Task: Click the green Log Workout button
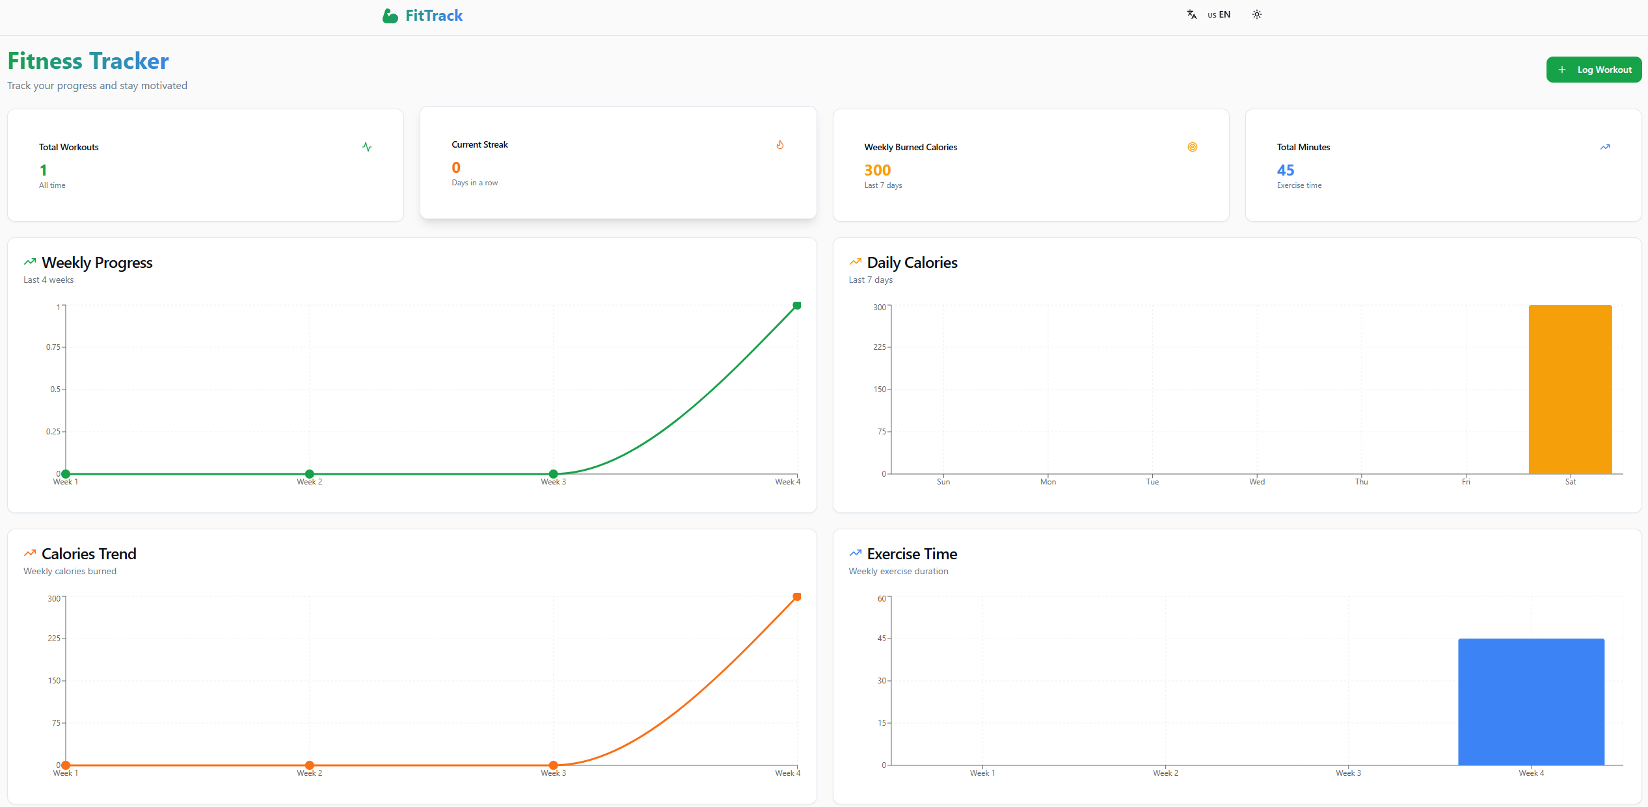pyautogui.click(x=1593, y=70)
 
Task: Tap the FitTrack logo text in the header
pyautogui.click(x=433, y=16)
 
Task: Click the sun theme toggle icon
pyautogui.click(x=1256, y=14)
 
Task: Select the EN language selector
pyautogui.click(x=1218, y=14)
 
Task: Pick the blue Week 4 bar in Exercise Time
pyautogui.click(x=1530, y=702)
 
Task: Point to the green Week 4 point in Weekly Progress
pyautogui.click(x=796, y=306)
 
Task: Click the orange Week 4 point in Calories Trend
pyautogui.click(x=796, y=597)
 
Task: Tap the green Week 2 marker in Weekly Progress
pyautogui.click(x=310, y=474)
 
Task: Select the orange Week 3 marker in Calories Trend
pyautogui.click(x=553, y=765)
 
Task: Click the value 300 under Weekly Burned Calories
pyautogui.click(x=877, y=170)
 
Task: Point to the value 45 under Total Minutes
pyautogui.click(x=1285, y=170)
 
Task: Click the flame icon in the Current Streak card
pyautogui.click(x=779, y=144)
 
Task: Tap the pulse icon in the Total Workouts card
pyautogui.click(x=367, y=147)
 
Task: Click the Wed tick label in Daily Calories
pyautogui.click(x=1256, y=482)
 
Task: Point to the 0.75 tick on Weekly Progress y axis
pyautogui.click(x=53, y=347)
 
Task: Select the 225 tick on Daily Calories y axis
pyautogui.click(x=879, y=347)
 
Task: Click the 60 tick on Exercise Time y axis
pyautogui.click(x=882, y=598)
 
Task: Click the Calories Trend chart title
pyautogui.click(x=88, y=554)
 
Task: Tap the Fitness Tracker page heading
pyautogui.click(x=88, y=61)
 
